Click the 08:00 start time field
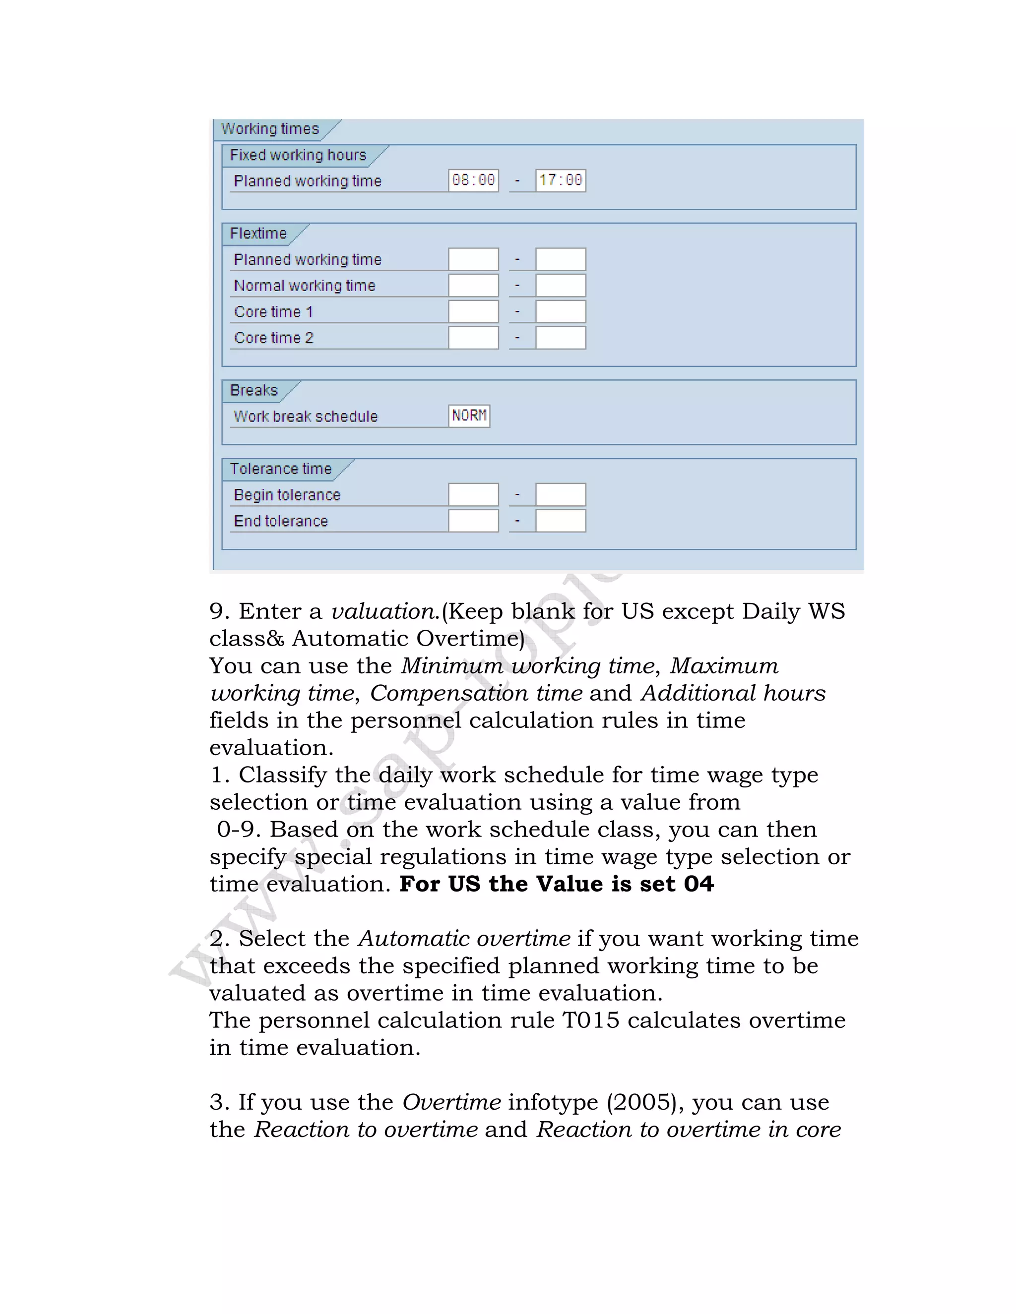click(473, 180)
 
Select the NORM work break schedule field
click(469, 416)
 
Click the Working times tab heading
click(270, 129)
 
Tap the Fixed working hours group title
click(298, 155)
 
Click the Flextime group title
click(258, 234)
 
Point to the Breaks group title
click(254, 390)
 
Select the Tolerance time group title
click(280, 469)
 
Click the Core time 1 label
click(273, 312)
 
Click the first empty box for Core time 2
click(473, 338)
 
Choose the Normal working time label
click(305, 286)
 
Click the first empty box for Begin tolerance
click(473, 494)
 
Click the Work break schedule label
click(306, 417)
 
